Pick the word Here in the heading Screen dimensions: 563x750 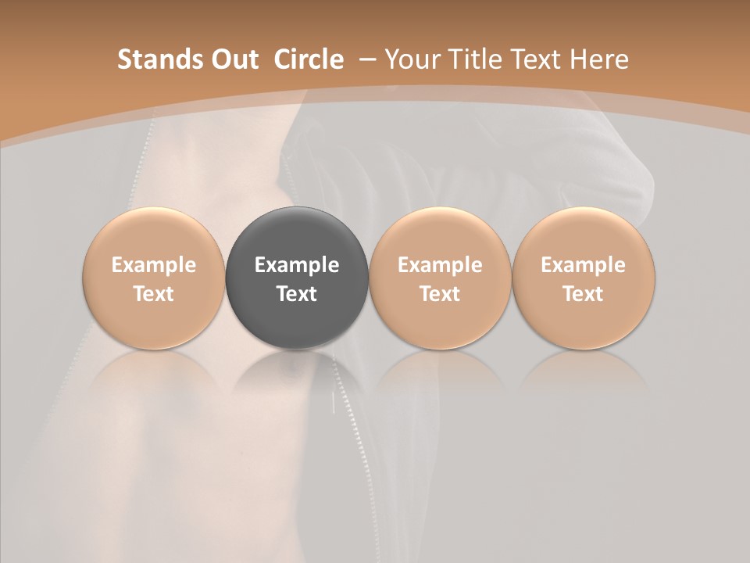click(599, 59)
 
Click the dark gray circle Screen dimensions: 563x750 click(297, 278)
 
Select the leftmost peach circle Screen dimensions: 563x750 click(154, 278)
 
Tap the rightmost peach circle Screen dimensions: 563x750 click(584, 278)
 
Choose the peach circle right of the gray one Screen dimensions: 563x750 click(440, 278)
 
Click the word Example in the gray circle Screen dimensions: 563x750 click(297, 265)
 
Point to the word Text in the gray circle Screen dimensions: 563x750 click(297, 294)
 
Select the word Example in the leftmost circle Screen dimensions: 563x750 click(154, 265)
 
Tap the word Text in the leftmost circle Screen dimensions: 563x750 click(154, 294)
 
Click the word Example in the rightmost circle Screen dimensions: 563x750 click(584, 265)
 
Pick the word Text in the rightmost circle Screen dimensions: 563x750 click(584, 294)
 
